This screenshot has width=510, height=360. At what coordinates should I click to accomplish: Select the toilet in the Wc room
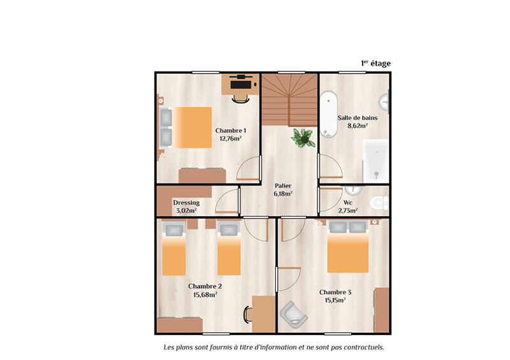point(379,203)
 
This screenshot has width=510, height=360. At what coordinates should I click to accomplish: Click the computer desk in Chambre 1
point(240,83)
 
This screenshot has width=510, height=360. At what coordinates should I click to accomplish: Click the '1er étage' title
point(375,62)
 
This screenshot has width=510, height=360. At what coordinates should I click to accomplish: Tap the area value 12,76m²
point(230,138)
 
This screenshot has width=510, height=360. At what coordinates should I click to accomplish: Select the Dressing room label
point(186,203)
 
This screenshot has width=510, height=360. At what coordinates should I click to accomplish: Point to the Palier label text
point(283,185)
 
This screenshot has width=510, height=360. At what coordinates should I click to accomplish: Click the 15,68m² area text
point(205,294)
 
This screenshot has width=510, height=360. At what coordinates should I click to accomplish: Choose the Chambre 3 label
point(335,292)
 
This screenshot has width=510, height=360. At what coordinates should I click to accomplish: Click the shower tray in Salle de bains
point(375,159)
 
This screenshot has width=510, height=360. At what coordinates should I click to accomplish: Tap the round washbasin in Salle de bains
point(385,101)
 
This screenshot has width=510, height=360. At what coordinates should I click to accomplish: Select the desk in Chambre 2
point(263,313)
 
